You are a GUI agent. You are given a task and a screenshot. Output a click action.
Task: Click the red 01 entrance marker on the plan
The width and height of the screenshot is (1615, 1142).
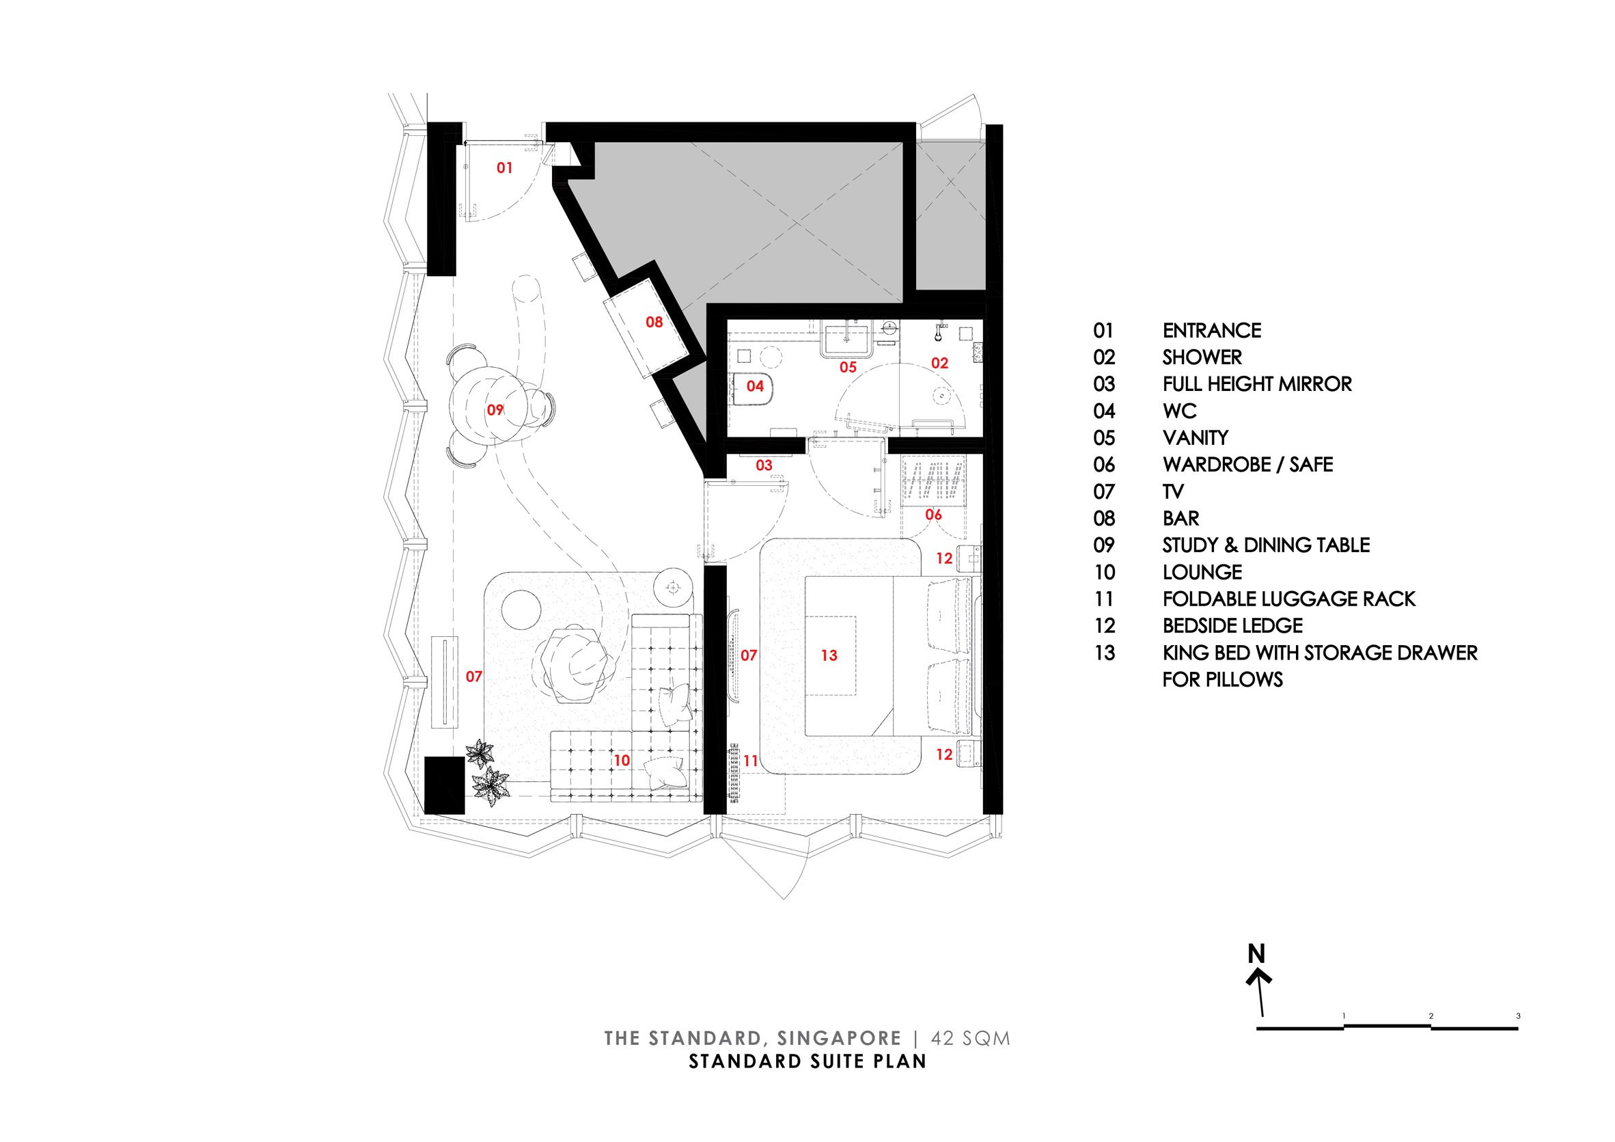coord(504,168)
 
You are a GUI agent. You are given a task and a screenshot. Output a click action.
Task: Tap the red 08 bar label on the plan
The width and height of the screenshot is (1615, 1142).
coord(654,323)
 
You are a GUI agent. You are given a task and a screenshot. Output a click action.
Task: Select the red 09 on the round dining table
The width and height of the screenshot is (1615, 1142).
coord(495,409)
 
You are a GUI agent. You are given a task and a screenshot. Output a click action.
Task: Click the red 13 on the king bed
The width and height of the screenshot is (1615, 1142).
coord(829,655)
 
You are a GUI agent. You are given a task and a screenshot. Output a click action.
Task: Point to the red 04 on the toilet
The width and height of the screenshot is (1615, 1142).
coord(755,386)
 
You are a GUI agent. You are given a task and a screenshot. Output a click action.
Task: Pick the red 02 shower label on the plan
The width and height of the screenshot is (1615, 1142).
coord(940,363)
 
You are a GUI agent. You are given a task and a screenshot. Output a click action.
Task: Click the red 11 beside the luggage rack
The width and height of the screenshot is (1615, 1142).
coord(751,761)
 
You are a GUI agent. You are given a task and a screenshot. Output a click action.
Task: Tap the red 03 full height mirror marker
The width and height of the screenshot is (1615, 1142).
coord(764,465)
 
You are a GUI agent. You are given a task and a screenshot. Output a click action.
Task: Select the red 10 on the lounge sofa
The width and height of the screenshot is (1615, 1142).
coord(621,761)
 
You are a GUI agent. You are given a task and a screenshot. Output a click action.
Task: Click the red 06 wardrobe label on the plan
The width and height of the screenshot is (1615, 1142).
coord(933,515)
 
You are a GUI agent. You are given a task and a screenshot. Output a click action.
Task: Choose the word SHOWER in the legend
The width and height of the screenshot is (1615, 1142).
coord(1202,357)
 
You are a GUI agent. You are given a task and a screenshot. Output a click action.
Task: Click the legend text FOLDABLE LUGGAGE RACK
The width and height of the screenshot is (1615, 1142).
coord(1288,599)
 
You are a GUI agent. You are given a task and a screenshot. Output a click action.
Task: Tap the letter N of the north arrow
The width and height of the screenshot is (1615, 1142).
coord(1256,954)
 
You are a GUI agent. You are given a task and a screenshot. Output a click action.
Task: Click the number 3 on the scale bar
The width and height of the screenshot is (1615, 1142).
coord(1519,1016)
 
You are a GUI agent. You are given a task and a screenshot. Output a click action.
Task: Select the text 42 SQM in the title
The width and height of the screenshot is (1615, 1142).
coord(971,1039)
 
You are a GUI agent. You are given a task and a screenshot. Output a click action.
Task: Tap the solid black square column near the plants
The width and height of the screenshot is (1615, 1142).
coord(445,785)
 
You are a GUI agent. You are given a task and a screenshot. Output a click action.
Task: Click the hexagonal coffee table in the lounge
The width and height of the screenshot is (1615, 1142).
coord(575,665)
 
